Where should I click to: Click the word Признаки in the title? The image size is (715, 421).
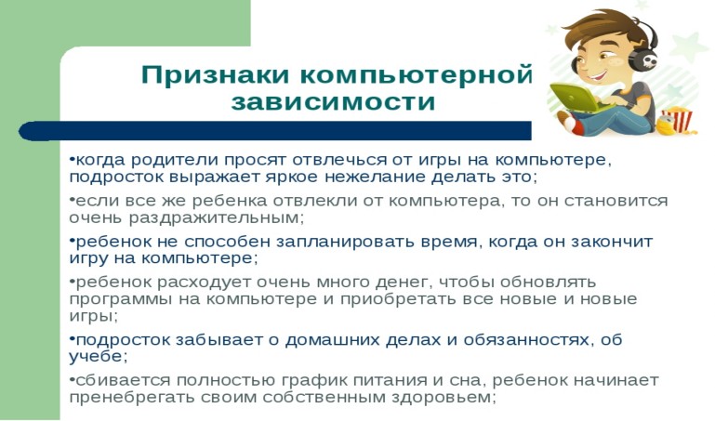(x=215, y=74)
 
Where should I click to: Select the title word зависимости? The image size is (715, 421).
(x=333, y=102)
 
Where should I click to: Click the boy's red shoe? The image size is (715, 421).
(x=573, y=124)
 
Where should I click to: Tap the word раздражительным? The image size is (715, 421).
(x=216, y=218)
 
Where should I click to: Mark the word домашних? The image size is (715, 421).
(x=332, y=340)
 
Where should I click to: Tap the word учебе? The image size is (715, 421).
(x=98, y=357)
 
